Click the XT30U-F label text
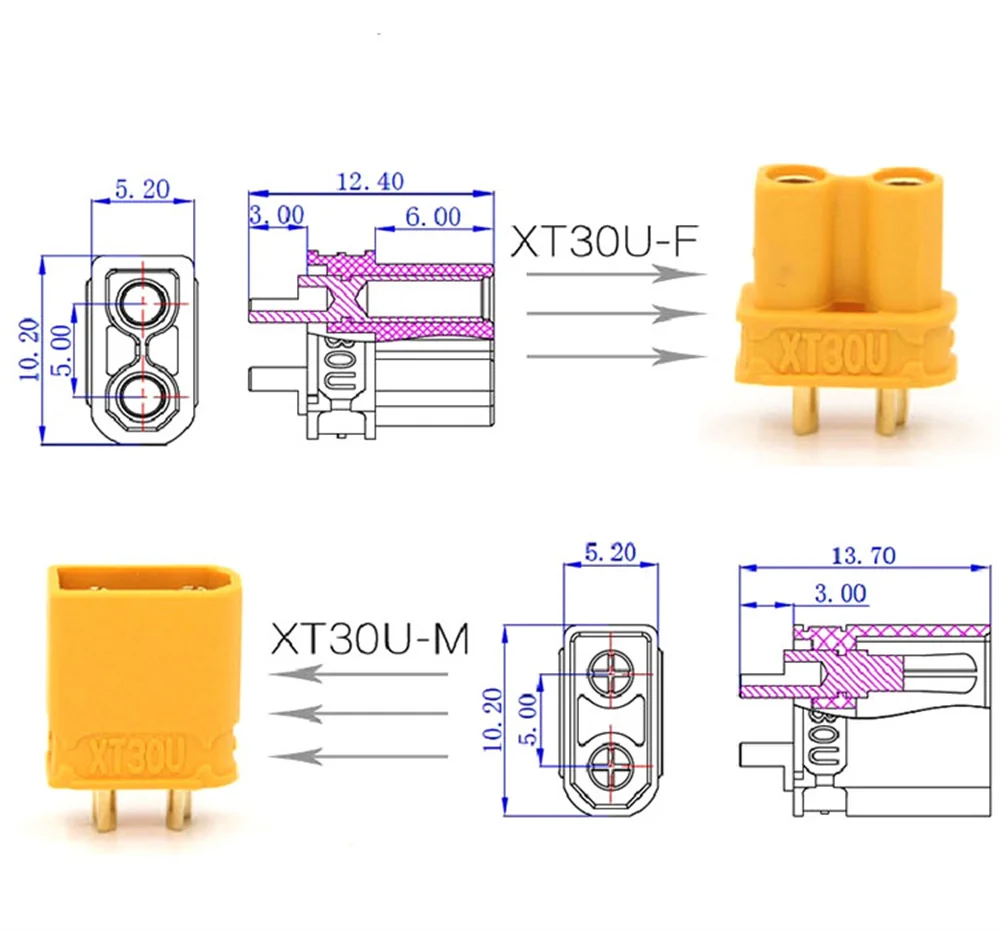(604, 241)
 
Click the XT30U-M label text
(370, 639)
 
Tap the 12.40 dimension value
(371, 182)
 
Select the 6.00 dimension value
(433, 217)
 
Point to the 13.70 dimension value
(864, 556)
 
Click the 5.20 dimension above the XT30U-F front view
(142, 189)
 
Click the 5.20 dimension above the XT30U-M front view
(610, 552)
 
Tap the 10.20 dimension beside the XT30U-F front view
(30, 350)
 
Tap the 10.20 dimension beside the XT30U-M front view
(492, 719)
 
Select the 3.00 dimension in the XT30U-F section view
(277, 215)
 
